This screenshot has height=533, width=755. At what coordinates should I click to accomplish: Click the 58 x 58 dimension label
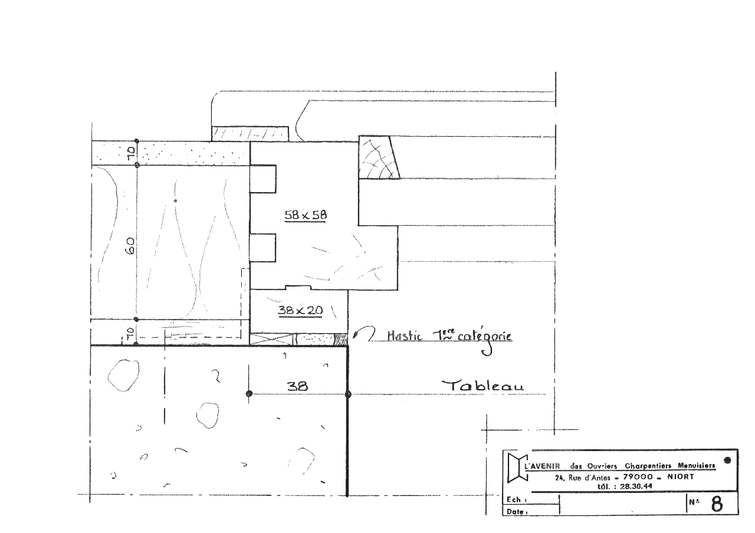pos(306,215)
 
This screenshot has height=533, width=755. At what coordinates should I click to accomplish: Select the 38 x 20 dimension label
pos(300,310)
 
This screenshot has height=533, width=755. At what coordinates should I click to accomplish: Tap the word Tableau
pos(482,386)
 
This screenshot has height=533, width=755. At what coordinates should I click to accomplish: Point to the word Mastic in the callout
pos(405,335)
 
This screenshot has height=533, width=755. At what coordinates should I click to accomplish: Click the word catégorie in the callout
pos(485,337)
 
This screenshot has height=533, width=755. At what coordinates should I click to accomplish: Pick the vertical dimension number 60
pos(131,246)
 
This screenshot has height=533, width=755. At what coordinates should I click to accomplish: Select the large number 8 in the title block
pos(717,504)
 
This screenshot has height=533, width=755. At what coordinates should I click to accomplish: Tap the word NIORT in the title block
pos(681,477)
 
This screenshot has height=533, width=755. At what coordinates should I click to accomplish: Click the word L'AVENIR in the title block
pos(543,466)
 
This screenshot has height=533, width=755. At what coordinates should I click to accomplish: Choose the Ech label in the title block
pos(516,499)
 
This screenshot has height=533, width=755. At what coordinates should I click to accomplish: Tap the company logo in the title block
pos(517,468)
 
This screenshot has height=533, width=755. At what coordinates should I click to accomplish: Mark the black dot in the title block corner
pos(727,460)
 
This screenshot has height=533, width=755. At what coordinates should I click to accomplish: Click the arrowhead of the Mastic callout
pos(355,335)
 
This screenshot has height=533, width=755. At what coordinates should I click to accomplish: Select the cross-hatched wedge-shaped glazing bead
pos(379,157)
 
